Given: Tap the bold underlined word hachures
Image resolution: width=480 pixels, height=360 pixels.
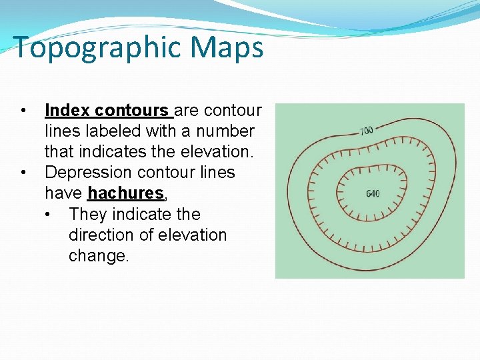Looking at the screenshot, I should [125, 193].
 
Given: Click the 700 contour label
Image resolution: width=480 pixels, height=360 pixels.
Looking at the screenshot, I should [367, 131].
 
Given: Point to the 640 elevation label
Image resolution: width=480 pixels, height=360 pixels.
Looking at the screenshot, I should [373, 194].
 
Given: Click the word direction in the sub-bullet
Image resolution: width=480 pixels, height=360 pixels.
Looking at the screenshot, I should [101, 235].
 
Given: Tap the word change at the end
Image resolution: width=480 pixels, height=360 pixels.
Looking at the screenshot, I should [97, 256].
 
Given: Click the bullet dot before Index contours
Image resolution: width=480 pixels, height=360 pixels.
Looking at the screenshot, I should [23, 110].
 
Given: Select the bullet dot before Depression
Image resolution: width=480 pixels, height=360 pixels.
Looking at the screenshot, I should [23, 173].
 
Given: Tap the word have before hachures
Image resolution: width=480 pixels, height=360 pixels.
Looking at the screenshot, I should [63, 193].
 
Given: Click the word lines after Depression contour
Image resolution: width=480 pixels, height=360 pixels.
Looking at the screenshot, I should [215, 173].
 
